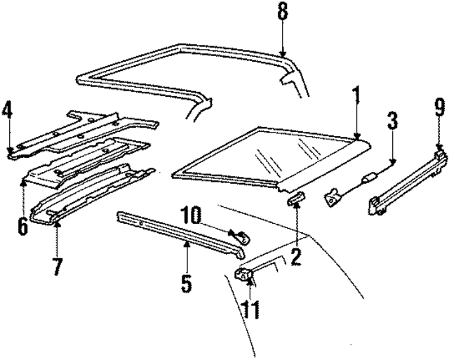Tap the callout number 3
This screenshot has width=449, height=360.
392,121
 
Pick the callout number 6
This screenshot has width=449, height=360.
23,226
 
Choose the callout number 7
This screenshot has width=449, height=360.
57,267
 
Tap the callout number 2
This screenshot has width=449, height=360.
296,256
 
